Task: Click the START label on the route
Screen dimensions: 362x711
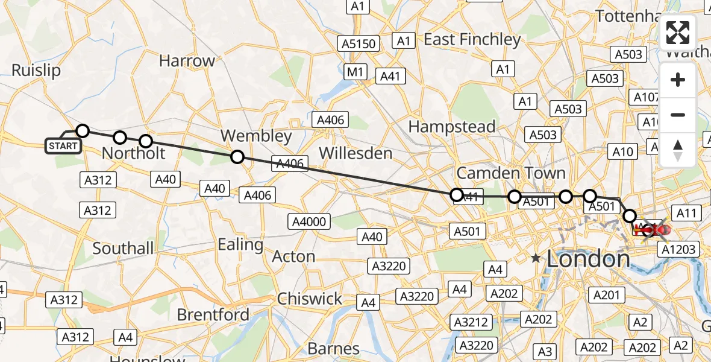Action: click(63, 146)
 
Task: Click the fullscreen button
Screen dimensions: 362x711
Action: click(678, 33)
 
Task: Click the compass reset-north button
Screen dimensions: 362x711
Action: click(678, 150)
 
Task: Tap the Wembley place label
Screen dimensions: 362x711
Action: click(255, 136)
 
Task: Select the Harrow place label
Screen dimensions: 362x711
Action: click(187, 61)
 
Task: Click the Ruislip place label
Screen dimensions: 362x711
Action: click(36, 71)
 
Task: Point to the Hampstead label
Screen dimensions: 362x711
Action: click(452, 127)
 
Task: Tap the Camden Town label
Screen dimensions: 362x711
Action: click(511, 174)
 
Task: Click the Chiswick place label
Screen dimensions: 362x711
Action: click(309, 299)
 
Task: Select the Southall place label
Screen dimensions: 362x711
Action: click(124, 248)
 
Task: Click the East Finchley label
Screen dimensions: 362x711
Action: click(472, 40)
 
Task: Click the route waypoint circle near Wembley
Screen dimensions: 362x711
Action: click(237, 157)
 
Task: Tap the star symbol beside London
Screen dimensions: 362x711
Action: click(536, 258)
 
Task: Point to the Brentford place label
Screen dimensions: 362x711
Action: click(213, 315)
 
